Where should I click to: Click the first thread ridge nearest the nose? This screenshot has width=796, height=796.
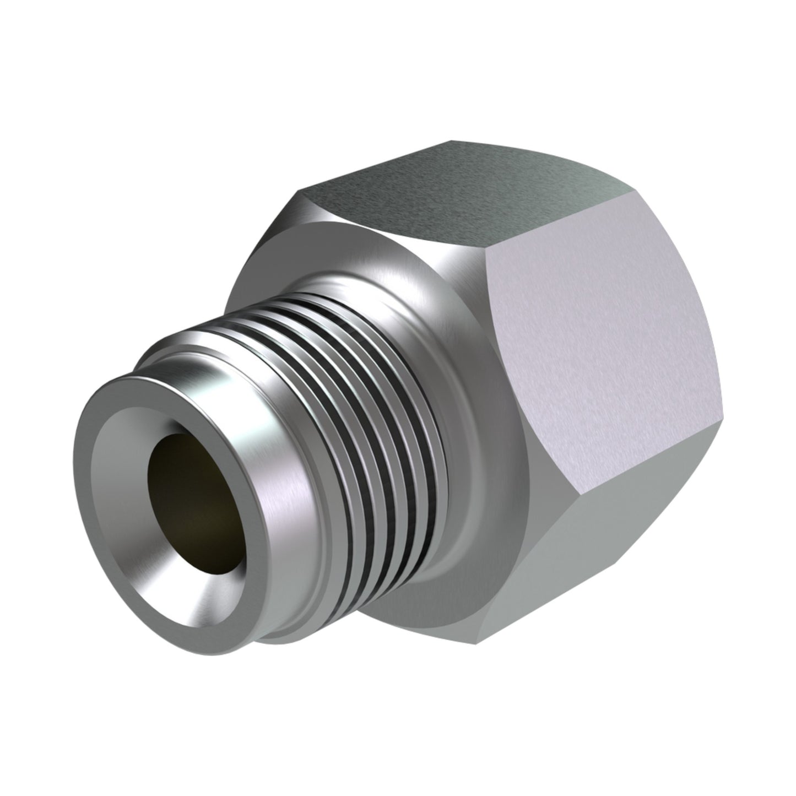[x=308, y=353]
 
